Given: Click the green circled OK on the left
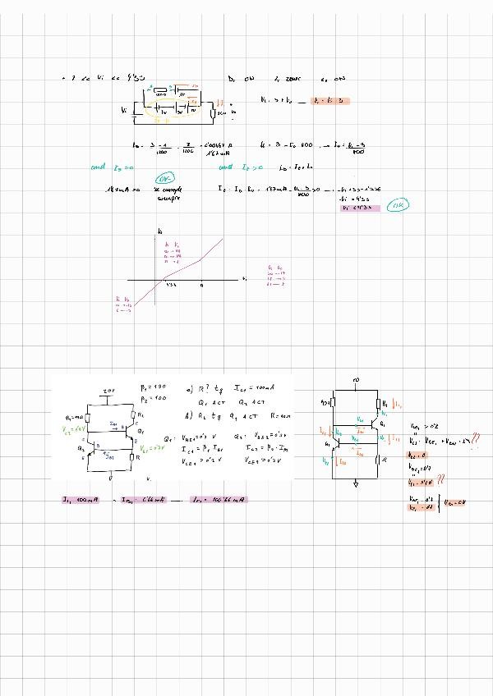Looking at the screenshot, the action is point(164,177).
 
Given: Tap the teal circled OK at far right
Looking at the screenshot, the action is point(399,204).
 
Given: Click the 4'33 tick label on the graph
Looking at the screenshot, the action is point(171,286).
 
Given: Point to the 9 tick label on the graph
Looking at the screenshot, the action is point(201,286).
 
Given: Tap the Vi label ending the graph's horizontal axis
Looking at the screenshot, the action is point(244,280).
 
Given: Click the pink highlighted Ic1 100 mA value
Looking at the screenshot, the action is point(80,499).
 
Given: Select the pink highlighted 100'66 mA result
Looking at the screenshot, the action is point(217,499).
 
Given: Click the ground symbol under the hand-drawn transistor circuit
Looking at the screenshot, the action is point(355,483).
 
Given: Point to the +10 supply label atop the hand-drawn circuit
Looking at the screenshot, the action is point(354,380).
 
